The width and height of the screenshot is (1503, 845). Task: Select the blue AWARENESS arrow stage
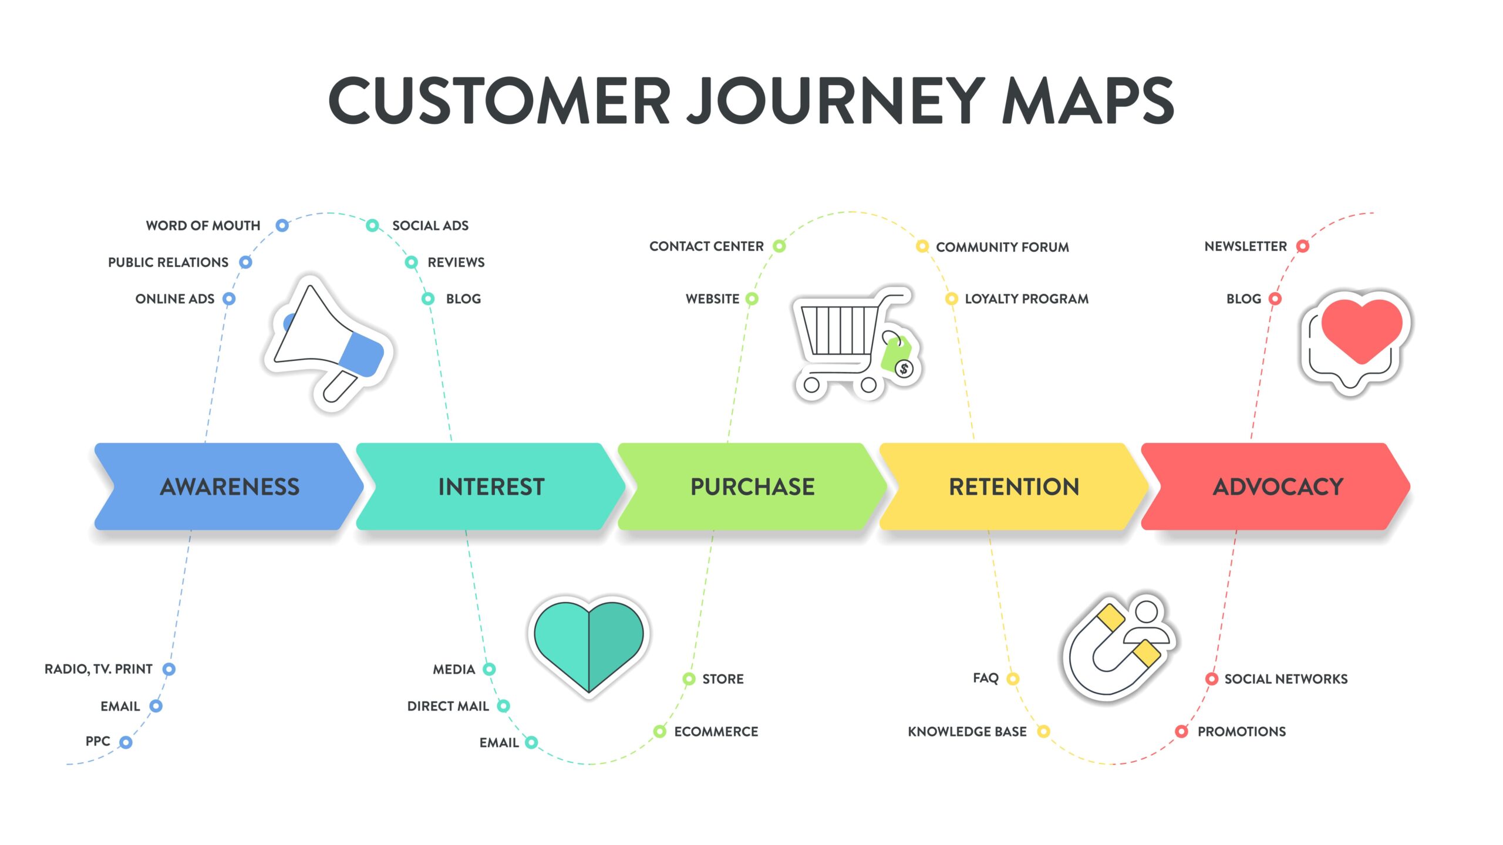(x=229, y=486)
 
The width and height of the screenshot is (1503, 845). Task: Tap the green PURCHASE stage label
(x=752, y=486)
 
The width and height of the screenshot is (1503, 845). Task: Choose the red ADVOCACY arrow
(x=1278, y=486)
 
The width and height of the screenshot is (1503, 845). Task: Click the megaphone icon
(x=329, y=343)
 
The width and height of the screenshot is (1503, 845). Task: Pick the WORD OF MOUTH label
(x=203, y=226)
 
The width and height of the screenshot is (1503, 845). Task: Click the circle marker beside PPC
(x=126, y=742)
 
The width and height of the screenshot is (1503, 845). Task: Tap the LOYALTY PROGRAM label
(x=1026, y=299)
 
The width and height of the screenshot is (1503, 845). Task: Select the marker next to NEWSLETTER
(x=1303, y=246)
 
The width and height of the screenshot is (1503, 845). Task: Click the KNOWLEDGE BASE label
(x=967, y=732)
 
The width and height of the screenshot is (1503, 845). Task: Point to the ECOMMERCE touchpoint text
(x=716, y=732)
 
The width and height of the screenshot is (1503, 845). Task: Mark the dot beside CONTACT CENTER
(x=779, y=246)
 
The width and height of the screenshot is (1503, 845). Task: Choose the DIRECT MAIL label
(x=448, y=706)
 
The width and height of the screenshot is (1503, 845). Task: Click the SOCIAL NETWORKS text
(x=1286, y=679)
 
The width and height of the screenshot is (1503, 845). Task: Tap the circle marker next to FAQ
(x=1013, y=679)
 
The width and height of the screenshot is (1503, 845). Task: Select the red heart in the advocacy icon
(x=1362, y=329)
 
